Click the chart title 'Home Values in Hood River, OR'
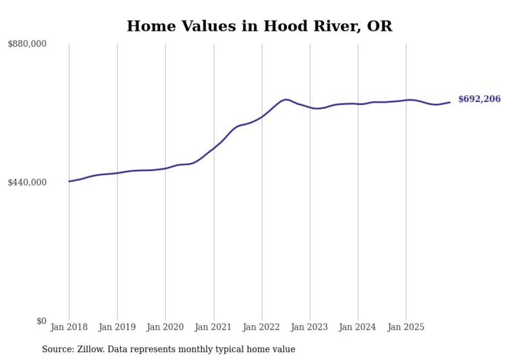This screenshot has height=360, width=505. click(259, 26)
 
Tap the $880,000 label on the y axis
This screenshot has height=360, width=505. click(27, 44)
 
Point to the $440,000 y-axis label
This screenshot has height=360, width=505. click(27, 182)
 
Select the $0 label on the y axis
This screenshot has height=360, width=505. click(41, 321)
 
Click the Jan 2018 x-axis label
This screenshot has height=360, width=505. click(69, 327)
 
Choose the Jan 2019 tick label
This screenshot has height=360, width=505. click(117, 327)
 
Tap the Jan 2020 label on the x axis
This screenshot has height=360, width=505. click(165, 327)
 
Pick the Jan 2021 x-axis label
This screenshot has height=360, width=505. click(213, 327)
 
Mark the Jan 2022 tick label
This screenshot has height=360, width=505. click(262, 327)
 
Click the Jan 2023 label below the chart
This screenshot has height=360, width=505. click(310, 327)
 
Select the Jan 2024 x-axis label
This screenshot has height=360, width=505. click(358, 327)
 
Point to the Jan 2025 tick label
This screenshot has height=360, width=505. click(406, 327)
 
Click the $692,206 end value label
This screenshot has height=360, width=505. click(479, 99)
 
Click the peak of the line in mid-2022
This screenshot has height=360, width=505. click(286, 99)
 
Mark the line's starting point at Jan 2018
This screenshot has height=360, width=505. click(69, 181)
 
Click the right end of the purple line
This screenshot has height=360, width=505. click(450, 102)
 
